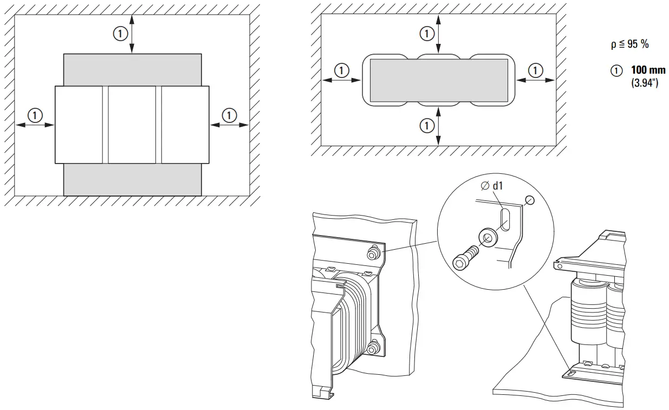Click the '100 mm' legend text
pos(648,71)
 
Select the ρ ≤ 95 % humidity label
pos(629,45)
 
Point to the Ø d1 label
pos(492,186)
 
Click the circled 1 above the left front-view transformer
pos(120,34)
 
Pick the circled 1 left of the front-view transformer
pos(35,115)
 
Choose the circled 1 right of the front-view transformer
pos(230,115)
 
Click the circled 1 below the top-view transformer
pos(427,126)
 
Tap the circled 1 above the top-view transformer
pos(427,34)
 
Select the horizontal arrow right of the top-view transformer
pos(535,80)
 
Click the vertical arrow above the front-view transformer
pos(132,34)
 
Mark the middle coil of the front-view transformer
pos(132,125)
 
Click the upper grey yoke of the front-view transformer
pos(132,69)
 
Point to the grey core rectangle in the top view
pos(439,80)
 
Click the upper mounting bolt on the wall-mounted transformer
pos(373,252)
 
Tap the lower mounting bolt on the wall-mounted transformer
pos(373,345)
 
